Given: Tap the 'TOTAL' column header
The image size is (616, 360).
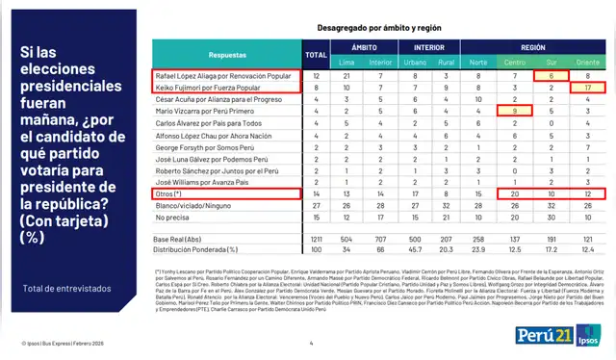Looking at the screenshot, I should tap(316, 56).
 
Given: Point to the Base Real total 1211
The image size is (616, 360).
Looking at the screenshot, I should tap(316, 238).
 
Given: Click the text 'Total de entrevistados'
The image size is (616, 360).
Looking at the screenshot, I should tap(67, 288).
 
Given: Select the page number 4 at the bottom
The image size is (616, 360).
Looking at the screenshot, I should tap(311, 344).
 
